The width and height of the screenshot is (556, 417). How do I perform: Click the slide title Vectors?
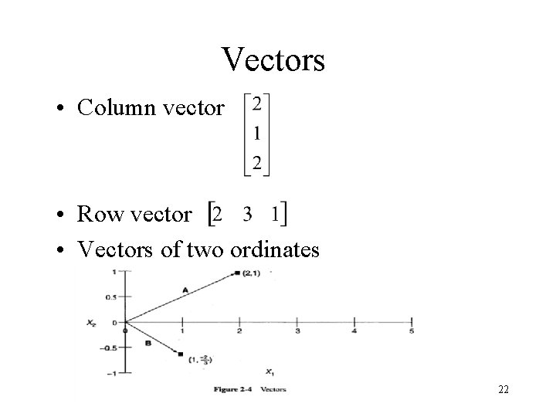click(x=273, y=60)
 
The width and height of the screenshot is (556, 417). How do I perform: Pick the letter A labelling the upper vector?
click(x=185, y=289)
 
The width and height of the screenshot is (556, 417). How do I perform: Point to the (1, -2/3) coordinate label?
click(x=200, y=359)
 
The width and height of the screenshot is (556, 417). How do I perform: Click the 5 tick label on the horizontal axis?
click(x=412, y=332)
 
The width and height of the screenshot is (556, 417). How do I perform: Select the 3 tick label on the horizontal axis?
click(x=297, y=332)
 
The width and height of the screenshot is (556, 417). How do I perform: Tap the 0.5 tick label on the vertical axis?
click(x=114, y=297)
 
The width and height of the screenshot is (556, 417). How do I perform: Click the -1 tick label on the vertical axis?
click(x=113, y=374)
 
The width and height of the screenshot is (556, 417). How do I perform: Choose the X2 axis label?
click(x=92, y=323)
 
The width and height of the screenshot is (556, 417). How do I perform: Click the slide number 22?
click(x=503, y=390)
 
